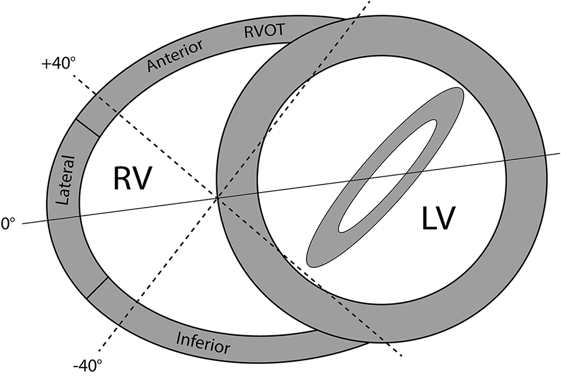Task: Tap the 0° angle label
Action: (8, 223)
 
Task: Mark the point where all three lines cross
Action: (217, 198)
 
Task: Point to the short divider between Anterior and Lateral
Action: (87, 126)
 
